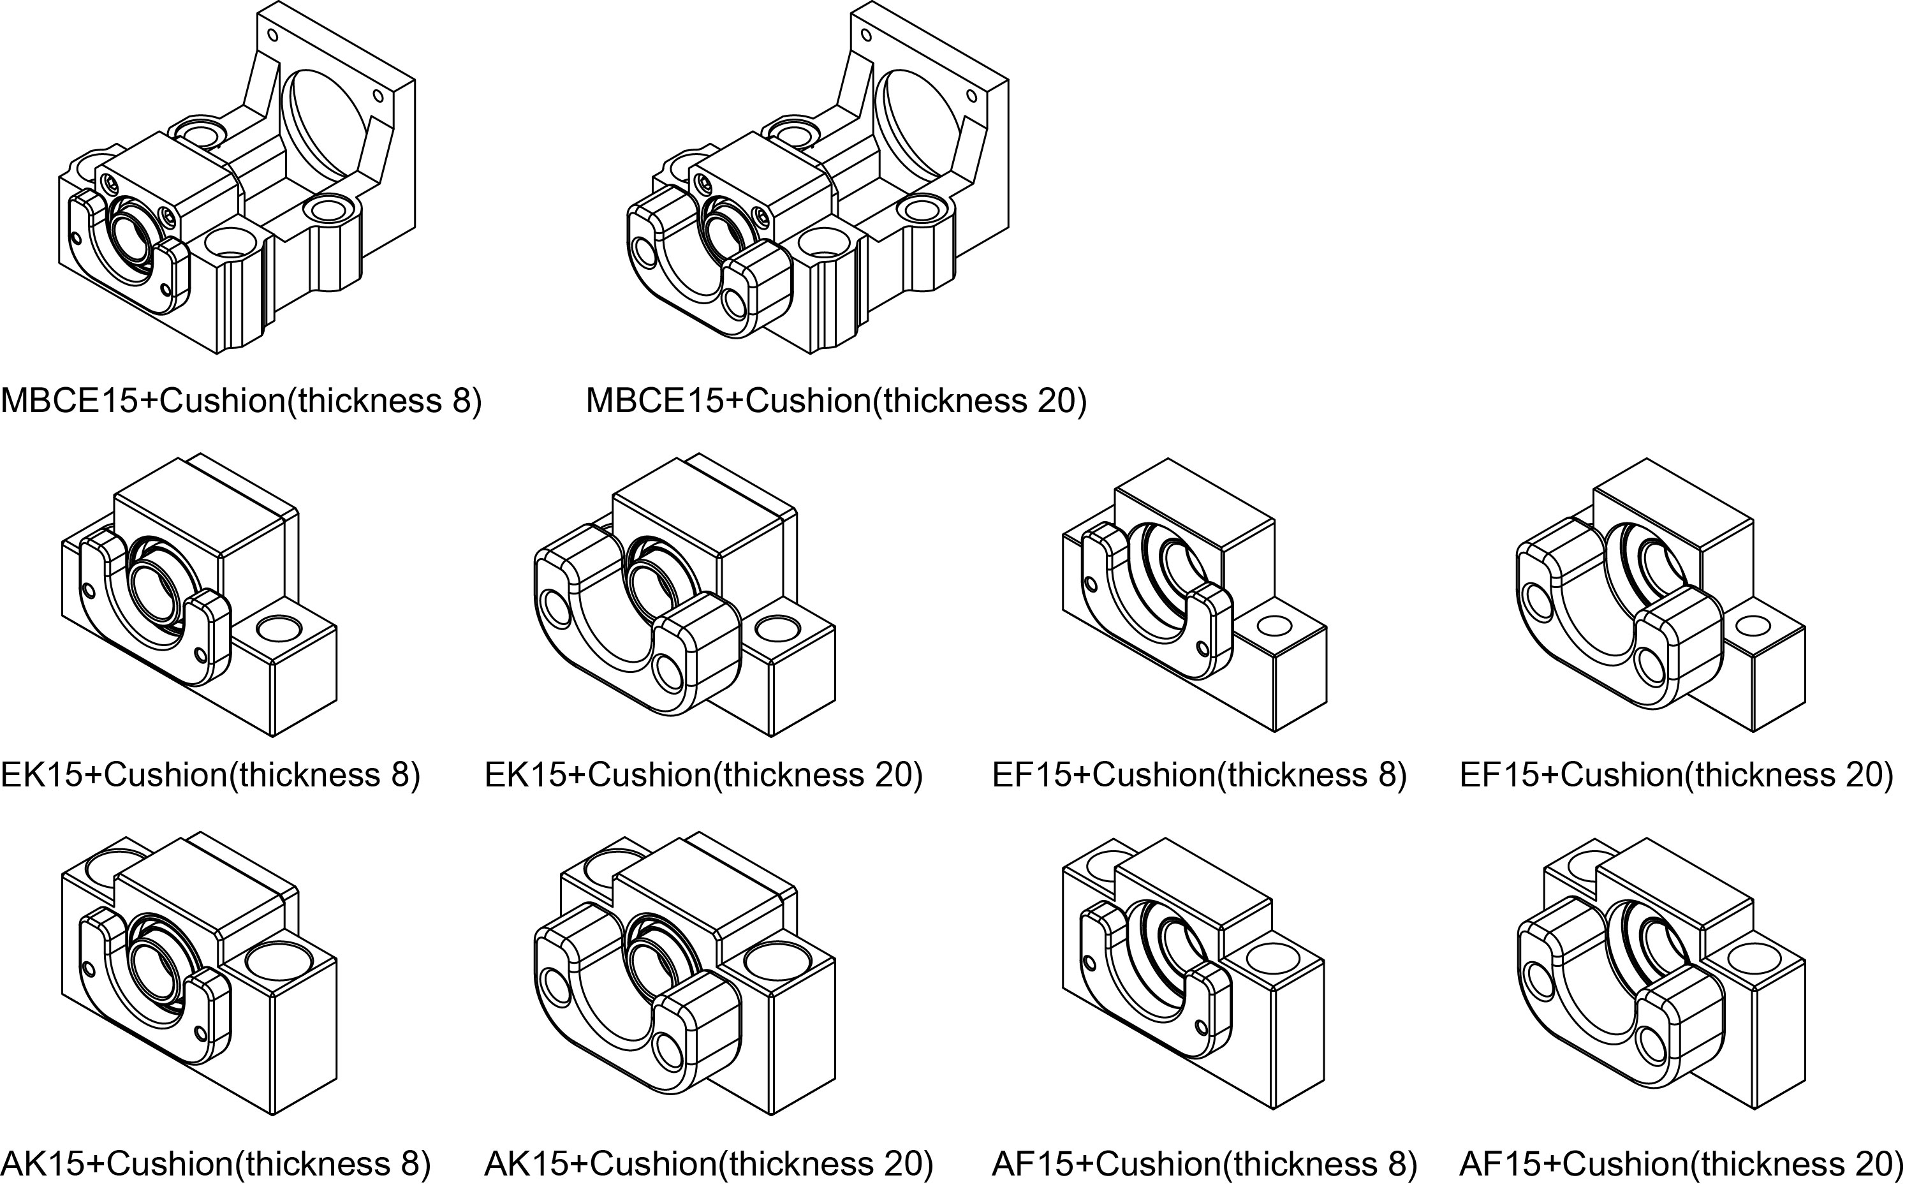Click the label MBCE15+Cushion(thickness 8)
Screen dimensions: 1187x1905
tap(241, 401)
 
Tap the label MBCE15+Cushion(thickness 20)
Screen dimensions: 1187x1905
tap(836, 401)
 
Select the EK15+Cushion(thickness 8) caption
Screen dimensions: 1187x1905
tap(210, 775)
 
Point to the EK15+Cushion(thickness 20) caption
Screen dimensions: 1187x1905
tap(703, 775)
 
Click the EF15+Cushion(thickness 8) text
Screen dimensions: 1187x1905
tap(1198, 775)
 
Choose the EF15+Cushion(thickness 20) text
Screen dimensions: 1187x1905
tap(1677, 775)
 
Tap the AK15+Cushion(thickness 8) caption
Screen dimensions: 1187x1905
tap(216, 1163)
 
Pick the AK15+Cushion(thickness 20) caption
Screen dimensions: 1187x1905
tap(708, 1163)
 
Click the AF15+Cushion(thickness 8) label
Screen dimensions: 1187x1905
tap(1204, 1163)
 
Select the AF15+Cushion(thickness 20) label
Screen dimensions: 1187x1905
tap(1681, 1163)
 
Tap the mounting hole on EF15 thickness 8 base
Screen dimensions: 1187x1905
tap(1274, 626)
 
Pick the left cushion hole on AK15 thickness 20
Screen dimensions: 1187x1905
tap(557, 987)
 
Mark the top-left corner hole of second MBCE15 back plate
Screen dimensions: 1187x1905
tap(867, 35)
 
